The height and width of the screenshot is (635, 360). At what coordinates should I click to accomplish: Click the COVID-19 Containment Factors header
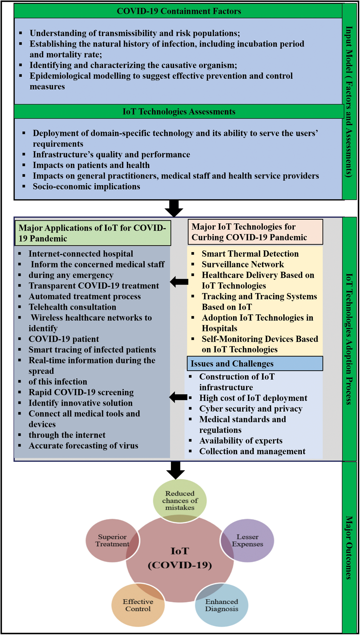pos(179,11)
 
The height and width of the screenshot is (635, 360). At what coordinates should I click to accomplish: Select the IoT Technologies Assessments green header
pos(179,112)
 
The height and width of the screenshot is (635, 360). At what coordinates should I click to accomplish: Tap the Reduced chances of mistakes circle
pos(180,500)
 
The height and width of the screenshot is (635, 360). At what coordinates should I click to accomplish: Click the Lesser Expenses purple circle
pos(248,540)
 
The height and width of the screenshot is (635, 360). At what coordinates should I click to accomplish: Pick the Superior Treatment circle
pos(112,540)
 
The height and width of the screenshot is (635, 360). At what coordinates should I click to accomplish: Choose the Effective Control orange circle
pos(138,605)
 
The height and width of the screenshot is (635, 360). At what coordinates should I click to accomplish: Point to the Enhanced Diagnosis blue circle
pos(222,605)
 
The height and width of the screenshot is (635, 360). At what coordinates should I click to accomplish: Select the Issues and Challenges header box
pos(255,363)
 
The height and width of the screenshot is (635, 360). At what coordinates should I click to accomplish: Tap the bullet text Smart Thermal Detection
pos(250,254)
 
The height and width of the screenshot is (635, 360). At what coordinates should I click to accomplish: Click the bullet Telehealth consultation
pos(72,307)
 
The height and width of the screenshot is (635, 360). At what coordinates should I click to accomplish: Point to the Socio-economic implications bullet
pos(86,187)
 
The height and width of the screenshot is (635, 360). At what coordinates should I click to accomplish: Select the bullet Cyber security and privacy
pos(251,409)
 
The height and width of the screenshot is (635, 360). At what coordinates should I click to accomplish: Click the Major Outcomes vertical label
pos(349,547)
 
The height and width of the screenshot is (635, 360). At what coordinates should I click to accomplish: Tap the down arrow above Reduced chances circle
pos(176,470)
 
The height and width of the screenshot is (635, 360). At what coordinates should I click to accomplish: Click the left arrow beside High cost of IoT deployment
pos(178,397)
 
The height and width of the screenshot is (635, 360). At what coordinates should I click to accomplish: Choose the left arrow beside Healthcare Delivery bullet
pos(179,282)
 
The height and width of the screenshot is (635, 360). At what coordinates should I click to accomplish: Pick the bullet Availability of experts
pos(241,441)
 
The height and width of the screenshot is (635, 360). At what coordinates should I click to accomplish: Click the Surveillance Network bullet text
pos(243,264)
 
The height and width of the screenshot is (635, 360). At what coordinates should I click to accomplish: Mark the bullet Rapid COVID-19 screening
pos(81,392)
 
